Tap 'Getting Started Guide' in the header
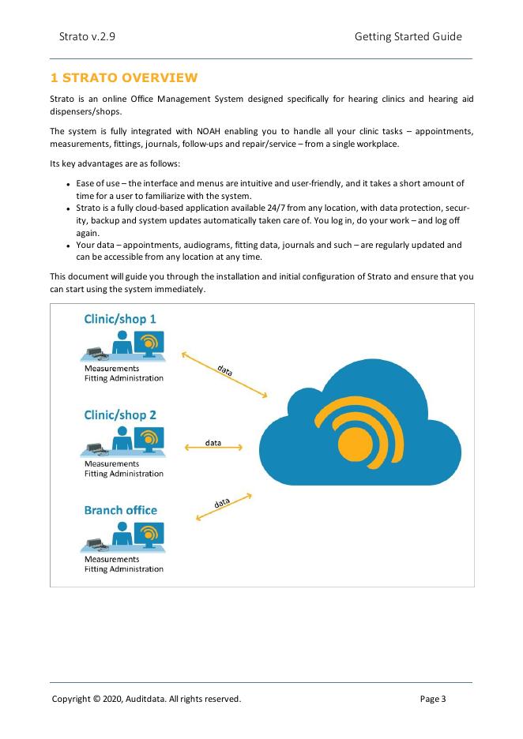pyautogui.click(x=408, y=36)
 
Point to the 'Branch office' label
pyautogui.click(x=120, y=510)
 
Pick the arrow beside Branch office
pyautogui.click(x=224, y=507)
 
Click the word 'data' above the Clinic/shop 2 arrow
pyautogui.click(x=213, y=442)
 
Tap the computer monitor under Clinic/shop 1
pyautogui.click(x=149, y=344)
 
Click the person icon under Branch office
pyautogui.click(x=121, y=538)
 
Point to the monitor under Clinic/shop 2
pyautogui.click(x=149, y=440)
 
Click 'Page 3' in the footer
pyautogui.click(x=433, y=699)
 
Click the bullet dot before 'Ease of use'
pyautogui.click(x=70, y=184)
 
